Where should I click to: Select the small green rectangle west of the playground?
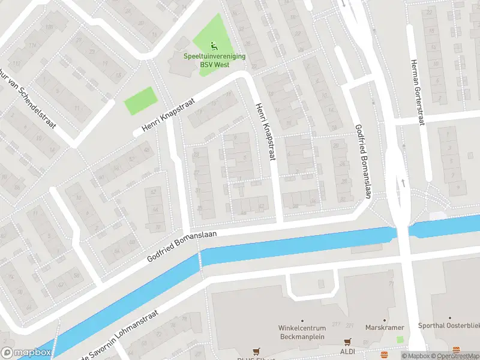pos(140,100)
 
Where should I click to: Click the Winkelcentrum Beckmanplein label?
pos(302,332)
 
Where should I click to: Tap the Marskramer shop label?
pos(385,328)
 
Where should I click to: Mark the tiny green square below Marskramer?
pos(400,340)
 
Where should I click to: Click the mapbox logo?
pos(26,353)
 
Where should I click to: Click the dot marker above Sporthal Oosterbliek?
pos(451,319)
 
